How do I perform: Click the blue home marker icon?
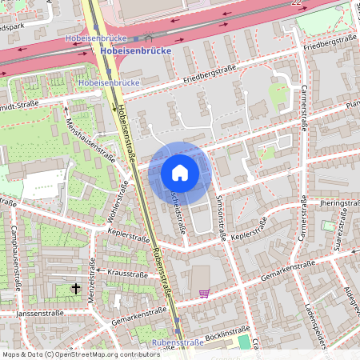tap(180, 172)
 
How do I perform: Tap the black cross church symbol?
tap(77, 287)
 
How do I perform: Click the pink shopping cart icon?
tap(204, 293)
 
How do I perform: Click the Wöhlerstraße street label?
tap(117, 203)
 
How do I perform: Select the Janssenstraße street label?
tap(38, 314)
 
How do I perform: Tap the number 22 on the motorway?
tap(298, 4)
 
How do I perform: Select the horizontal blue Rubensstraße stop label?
tap(178, 342)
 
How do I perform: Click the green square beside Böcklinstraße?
tap(243, 342)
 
